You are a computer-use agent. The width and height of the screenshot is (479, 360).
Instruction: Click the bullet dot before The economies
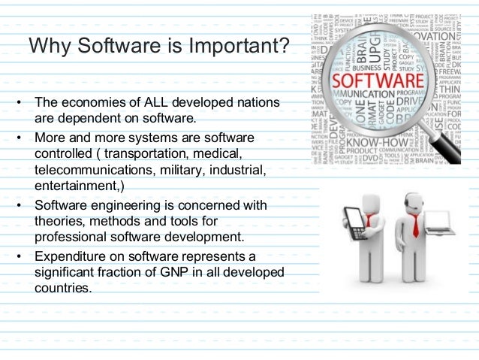click(x=17, y=102)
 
